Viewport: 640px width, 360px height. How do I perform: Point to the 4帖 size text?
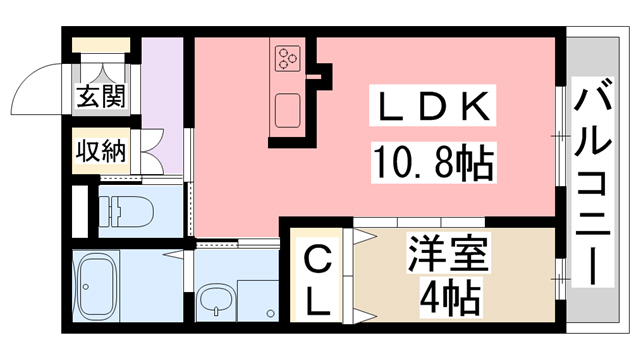click(x=447, y=297)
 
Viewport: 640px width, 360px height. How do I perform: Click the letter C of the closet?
click(x=318, y=262)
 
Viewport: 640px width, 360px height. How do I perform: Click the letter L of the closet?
click(x=318, y=300)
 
